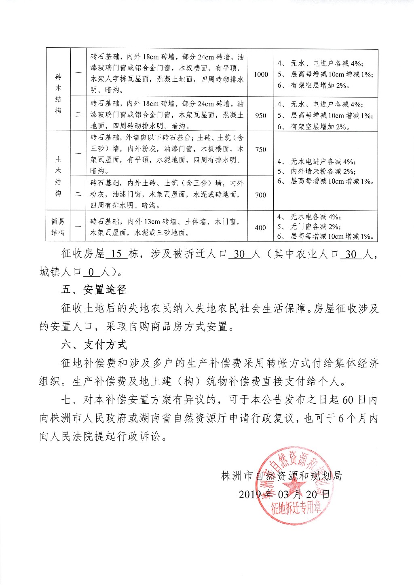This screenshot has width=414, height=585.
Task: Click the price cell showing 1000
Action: [261, 74]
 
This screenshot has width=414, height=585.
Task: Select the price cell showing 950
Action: [261, 115]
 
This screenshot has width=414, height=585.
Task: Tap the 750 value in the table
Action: [261, 149]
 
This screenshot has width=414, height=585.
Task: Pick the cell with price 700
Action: [261, 195]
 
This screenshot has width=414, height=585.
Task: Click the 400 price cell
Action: [261, 228]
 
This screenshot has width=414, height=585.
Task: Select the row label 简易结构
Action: [58, 227]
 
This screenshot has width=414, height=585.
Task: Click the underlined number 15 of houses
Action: [116, 254]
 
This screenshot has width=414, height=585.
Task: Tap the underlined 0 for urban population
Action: [92, 272]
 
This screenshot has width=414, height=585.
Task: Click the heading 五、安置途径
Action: [94, 290]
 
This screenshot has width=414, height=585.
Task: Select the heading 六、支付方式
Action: [94, 345]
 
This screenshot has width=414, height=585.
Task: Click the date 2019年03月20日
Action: [284, 494]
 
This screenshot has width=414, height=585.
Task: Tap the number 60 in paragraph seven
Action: [348, 400]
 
